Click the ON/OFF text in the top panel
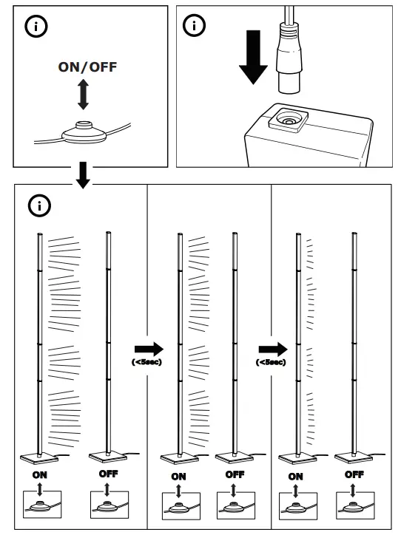point(87,67)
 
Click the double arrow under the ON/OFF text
point(84,96)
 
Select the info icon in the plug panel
point(195,27)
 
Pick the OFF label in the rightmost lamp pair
point(354,474)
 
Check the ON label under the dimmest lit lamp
point(295,477)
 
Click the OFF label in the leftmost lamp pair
point(108,474)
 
